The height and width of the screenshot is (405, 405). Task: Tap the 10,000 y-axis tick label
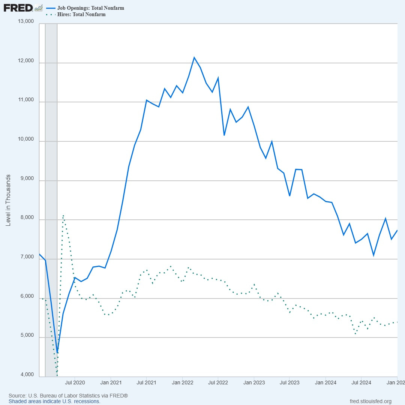(x=26, y=139)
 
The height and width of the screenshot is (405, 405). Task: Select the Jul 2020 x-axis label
(x=75, y=383)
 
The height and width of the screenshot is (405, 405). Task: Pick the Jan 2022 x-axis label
(x=182, y=383)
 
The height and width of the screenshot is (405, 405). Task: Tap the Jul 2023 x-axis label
(x=289, y=383)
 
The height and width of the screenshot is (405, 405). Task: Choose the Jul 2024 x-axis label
(x=361, y=383)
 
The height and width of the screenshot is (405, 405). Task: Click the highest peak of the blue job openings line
(x=194, y=57)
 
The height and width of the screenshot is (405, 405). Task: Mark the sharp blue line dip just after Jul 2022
(x=224, y=135)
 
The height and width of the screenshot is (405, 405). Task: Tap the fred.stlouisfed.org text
(x=370, y=401)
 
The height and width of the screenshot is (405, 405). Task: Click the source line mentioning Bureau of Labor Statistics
(x=68, y=396)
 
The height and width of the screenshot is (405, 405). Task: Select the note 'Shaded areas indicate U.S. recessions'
(x=54, y=401)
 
